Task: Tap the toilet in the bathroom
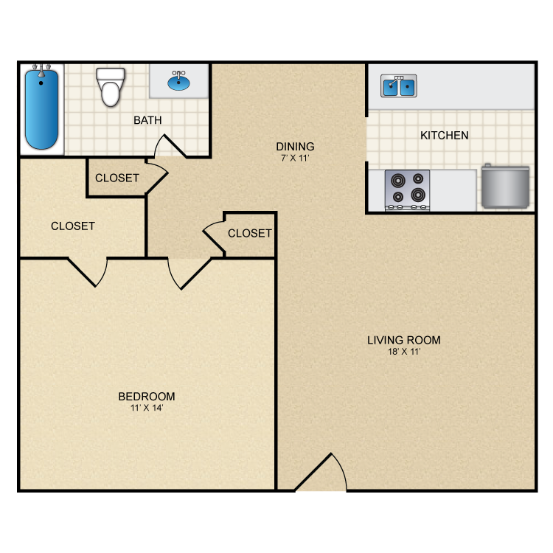pos(111,87)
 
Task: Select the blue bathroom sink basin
pos(178,83)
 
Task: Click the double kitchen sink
pos(398,86)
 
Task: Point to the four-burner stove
pos(407,190)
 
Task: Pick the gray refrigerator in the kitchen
pos(505,187)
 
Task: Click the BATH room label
pos(147,120)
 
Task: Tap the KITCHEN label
pos(445,136)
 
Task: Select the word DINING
pos(295,147)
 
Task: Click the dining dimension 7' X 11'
pos(295,158)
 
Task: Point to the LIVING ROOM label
pos(404,340)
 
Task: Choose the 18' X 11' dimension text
pos(404,352)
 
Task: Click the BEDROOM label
pos(147,397)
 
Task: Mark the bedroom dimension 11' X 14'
pos(147,408)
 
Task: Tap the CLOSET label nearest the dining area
pos(250,233)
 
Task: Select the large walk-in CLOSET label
pos(73,226)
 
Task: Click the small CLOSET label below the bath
pos(117,178)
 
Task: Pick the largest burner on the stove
pos(418,194)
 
